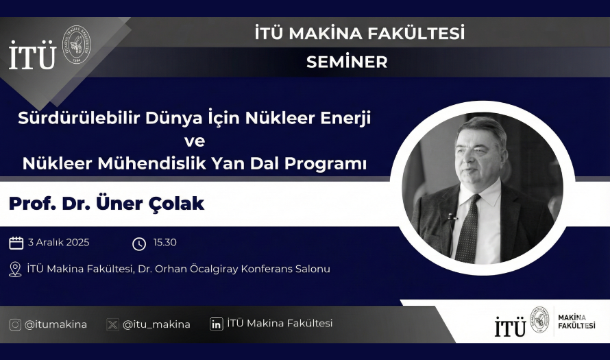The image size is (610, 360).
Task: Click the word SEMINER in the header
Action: pyautogui.click(x=347, y=62)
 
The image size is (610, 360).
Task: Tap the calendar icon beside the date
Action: pyautogui.click(x=16, y=243)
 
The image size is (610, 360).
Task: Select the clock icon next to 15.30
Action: pyautogui.click(x=139, y=243)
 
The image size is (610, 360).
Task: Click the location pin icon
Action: pyautogui.click(x=15, y=269)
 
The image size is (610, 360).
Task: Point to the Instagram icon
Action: pyautogui.click(x=15, y=324)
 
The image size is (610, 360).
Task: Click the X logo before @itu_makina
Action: pyautogui.click(x=112, y=324)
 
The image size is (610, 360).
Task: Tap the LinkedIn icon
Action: pyautogui.click(x=217, y=324)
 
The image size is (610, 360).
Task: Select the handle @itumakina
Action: pyautogui.click(x=56, y=324)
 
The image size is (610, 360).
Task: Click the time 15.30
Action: pyautogui.click(x=165, y=243)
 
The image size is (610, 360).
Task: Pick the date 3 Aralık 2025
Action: pyautogui.click(x=59, y=243)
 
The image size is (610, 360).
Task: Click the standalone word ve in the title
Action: pyautogui.click(x=195, y=141)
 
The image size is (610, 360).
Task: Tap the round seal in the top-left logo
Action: pyautogui.click(x=77, y=45)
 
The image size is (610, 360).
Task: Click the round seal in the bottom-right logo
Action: pyautogui.click(x=539, y=320)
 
